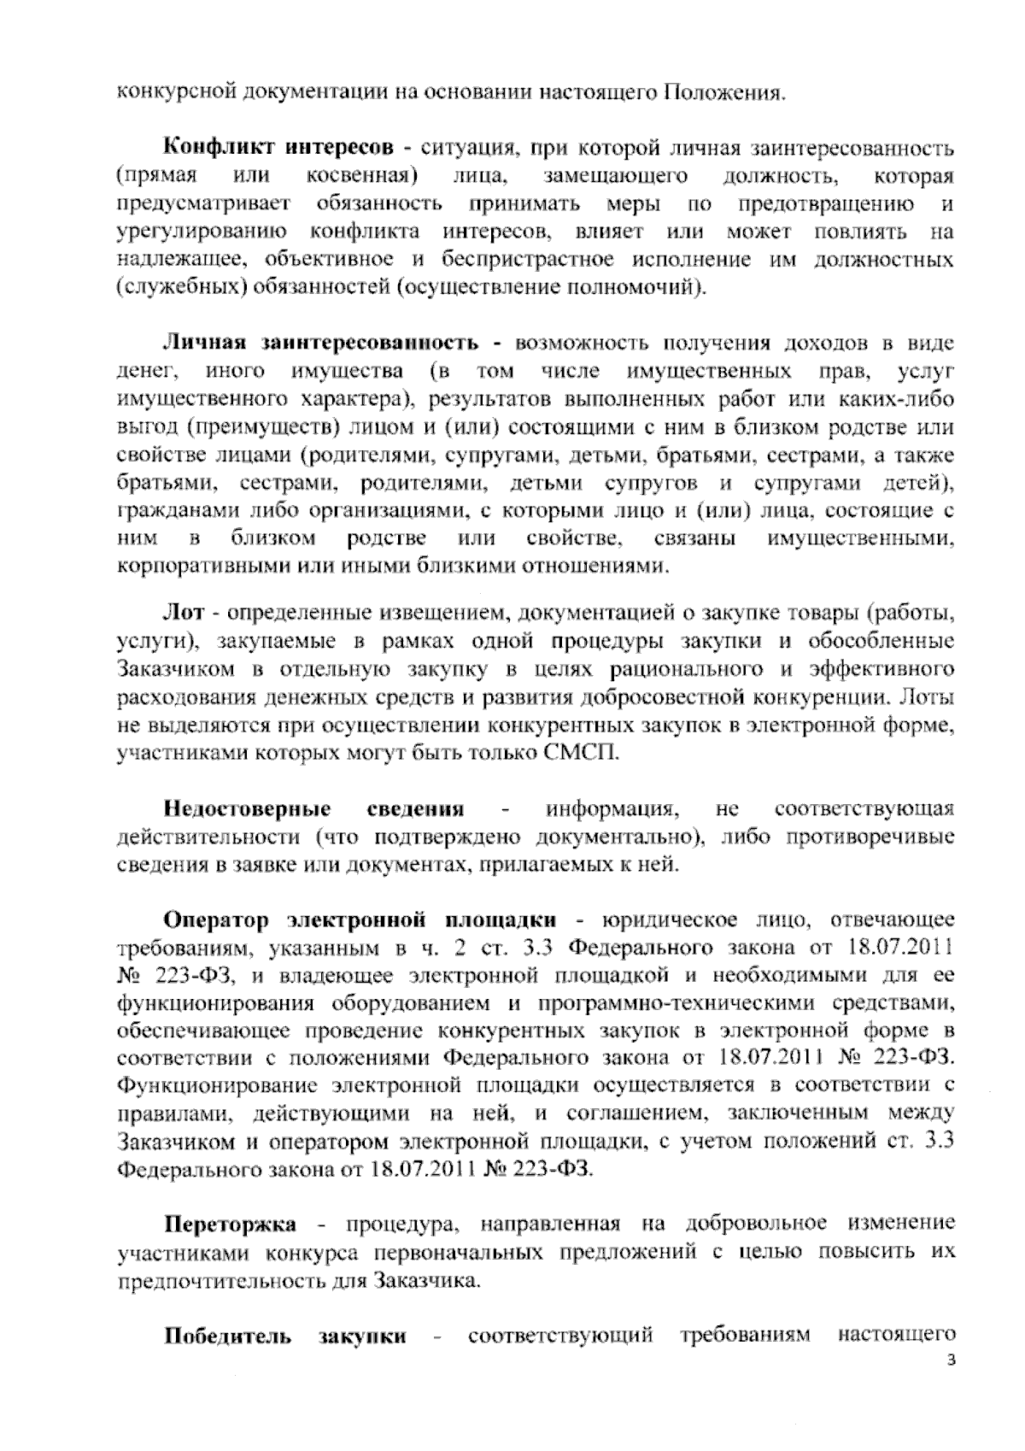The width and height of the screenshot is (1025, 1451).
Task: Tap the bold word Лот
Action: pyautogui.click(x=180, y=613)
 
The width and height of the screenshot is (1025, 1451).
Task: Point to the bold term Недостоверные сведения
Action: pyautogui.click(x=314, y=808)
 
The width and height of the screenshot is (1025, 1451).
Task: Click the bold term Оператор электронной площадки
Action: pyautogui.click(x=360, y=919)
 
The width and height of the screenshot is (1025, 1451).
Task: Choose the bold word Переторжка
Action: pyautogui.click(x=229, y=1224)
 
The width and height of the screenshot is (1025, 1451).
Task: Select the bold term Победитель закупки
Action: pyautogui.click(x=285, y=1335)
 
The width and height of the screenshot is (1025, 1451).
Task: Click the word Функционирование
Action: pyautogui.click(x=216, y=1085)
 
